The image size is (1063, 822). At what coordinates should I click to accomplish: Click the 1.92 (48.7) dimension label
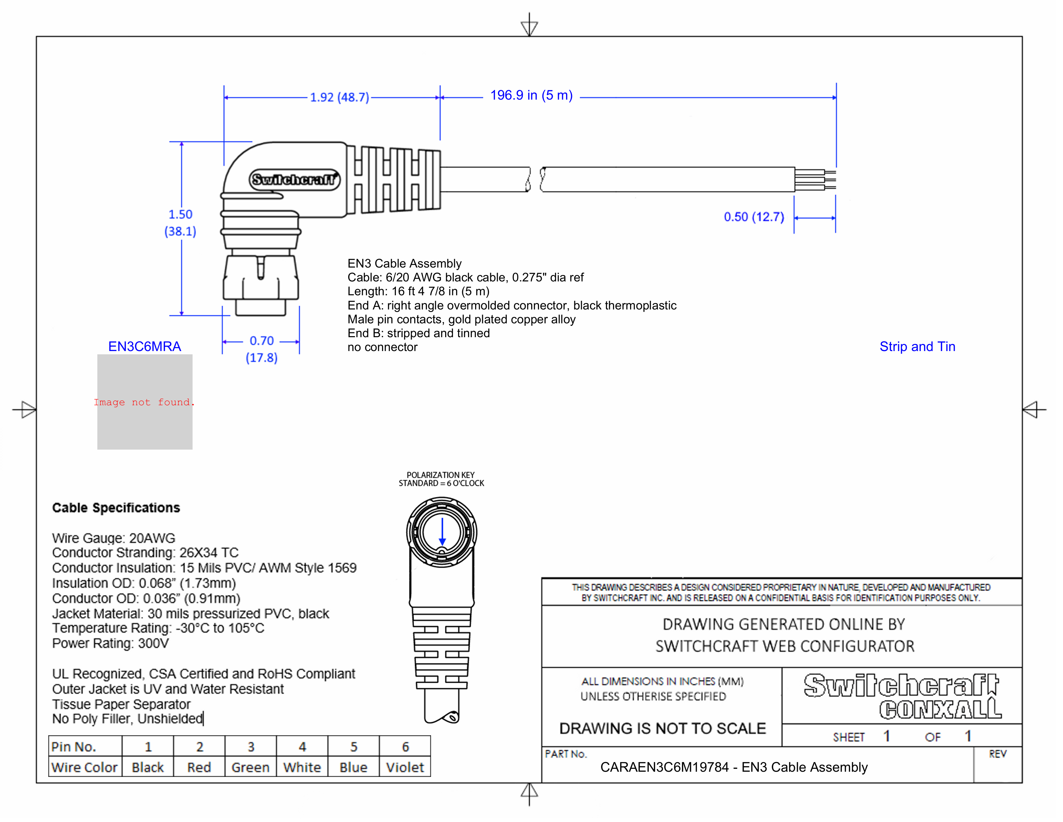tap(339, 97)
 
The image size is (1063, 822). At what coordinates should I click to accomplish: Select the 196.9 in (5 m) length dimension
tap(531, 95)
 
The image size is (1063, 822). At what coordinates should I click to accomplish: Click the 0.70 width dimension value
tap(261, 341)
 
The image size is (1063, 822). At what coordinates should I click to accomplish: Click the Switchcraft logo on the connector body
tap(294, 180)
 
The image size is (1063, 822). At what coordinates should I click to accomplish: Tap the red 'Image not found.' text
tap(144, 402)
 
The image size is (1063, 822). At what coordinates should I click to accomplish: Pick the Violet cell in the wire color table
tap(405, 768)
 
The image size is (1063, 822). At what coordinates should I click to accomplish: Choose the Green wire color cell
tap(250, 768)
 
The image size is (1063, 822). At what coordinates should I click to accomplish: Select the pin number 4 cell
tap(302, 747)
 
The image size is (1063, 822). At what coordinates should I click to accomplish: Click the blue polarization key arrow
tap(442, 532)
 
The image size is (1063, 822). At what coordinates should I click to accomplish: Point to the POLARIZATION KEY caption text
tap(440, 475)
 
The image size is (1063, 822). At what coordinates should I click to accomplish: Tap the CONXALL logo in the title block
tap(940, 709)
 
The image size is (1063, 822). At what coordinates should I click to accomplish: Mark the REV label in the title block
tap(997, 754)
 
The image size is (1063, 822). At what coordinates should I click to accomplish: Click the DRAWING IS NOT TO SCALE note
tap(662, 729)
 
